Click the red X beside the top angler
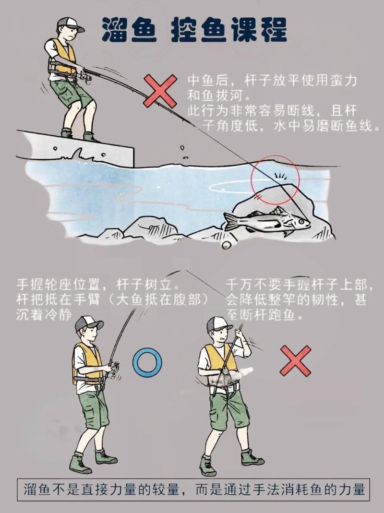(161, 91)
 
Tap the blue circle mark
(147, 362)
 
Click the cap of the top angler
(69, 24)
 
